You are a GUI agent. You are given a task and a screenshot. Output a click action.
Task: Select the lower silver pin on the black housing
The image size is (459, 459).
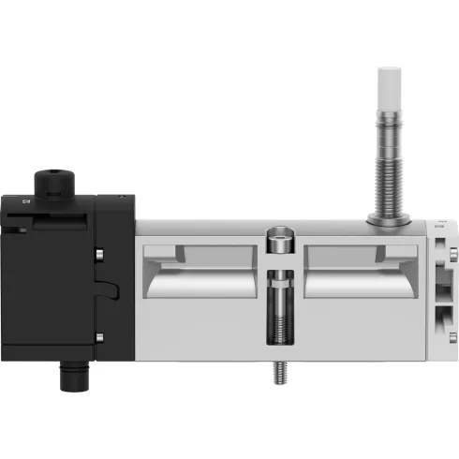pos(99,335)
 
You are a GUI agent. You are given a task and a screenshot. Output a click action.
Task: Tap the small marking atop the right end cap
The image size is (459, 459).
pos(441,223)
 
